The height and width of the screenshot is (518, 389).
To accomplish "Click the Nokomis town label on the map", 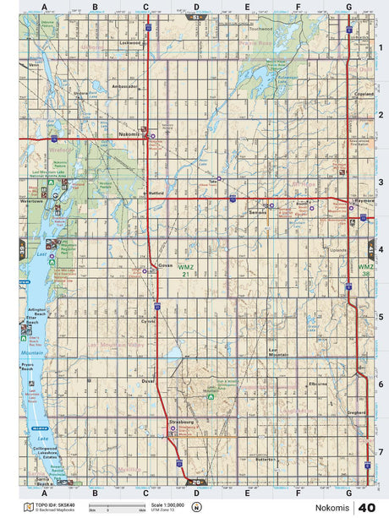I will click(x=129, y=133).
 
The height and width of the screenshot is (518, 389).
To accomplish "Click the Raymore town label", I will click(x=364, y=202).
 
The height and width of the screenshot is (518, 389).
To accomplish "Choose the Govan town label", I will click(x=166, y=264).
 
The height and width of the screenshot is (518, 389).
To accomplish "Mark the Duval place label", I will click(x=150, y=380).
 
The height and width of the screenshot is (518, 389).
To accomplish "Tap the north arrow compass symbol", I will click(x=196, y=507).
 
